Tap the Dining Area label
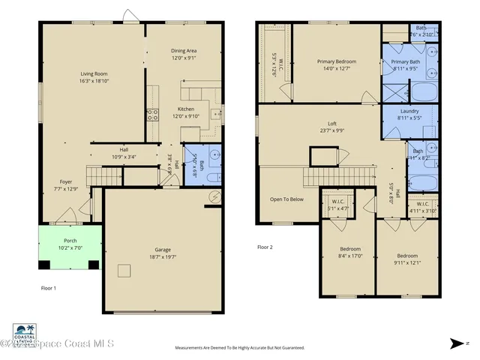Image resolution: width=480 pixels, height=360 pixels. point(184,54)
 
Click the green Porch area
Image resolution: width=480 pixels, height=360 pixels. point(70,244)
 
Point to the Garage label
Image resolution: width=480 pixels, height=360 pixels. point(163,252)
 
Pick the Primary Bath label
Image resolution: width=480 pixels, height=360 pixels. point(405,65)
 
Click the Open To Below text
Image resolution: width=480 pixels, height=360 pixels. point(286,199)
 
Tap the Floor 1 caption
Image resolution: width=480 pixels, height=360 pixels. point(49,287)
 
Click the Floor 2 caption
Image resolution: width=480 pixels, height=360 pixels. point(265,247)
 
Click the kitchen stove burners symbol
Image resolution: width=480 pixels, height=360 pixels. point(152,115)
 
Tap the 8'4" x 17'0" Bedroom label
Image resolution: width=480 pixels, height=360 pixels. point(350,252)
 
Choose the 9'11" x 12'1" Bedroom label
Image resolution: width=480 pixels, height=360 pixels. point(407,259)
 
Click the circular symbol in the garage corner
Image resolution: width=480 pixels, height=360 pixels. point(214,196)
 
